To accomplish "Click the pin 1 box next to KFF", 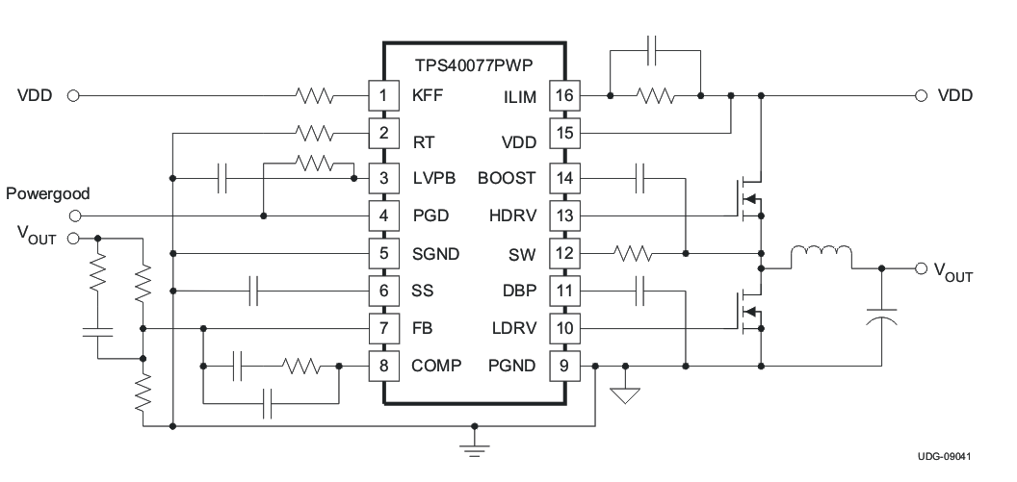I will click(x=383, y=95).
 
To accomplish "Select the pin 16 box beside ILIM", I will click(x=562, y=95).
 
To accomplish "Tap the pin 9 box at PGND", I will click(x=562, y=366).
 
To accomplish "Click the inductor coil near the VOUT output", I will click(x=821, y=257).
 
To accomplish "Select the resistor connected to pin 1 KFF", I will click(x=315, y=95).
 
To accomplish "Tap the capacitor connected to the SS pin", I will click(x=254, y=291).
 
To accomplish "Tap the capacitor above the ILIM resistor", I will click(x=654, y=48).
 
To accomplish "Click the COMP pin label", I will click(x=436, y=366).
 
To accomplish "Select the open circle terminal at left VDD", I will click(x=72, y=95).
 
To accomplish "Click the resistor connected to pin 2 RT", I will click(x=315, y=132).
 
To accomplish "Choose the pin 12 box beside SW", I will click(x=562, y=254).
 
